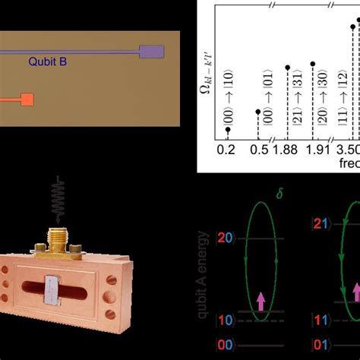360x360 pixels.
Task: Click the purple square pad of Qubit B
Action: tap(152, 52)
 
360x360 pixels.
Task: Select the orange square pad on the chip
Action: tap(27, 99)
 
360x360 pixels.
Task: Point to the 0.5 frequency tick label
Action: tap(260, 150)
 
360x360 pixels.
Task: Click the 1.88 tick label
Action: tap(289, 150)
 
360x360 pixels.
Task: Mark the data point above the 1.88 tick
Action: tap(288, 67)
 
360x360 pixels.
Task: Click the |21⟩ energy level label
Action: tap(322, 225)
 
